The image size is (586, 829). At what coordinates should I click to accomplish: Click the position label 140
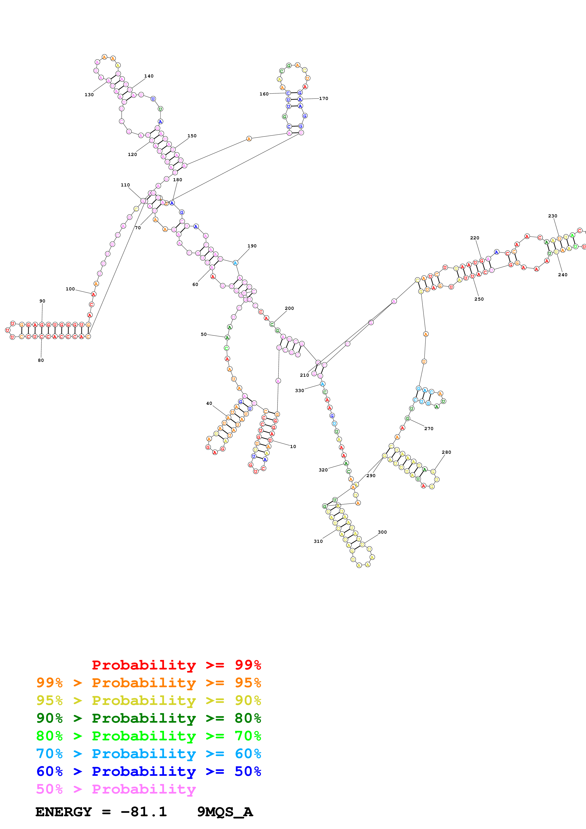(149, 76)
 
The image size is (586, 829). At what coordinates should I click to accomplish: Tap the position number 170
(324, 99)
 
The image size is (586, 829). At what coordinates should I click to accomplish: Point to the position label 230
(552, 216)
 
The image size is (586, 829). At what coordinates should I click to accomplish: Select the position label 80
(41, 360)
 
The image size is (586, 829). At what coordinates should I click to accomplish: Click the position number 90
(42, 301)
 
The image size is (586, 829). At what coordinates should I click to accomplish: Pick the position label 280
(446, 452)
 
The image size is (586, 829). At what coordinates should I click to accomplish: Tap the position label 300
(382, 532)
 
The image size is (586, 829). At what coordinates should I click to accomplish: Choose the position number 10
(293, 447)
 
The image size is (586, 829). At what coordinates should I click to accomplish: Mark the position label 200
(289, 308)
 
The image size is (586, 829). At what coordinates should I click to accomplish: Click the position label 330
(299, 391)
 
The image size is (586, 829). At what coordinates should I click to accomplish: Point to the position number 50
(204, 334)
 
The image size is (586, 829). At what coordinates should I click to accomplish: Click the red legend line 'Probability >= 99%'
(176, 665)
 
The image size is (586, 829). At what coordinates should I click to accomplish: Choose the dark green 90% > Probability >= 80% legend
(148, 718)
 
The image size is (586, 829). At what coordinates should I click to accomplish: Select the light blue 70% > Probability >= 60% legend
(148, 754)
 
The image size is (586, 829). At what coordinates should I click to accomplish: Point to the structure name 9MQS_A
(225, 812)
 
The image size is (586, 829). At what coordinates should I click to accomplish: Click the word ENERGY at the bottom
(64, 812)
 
